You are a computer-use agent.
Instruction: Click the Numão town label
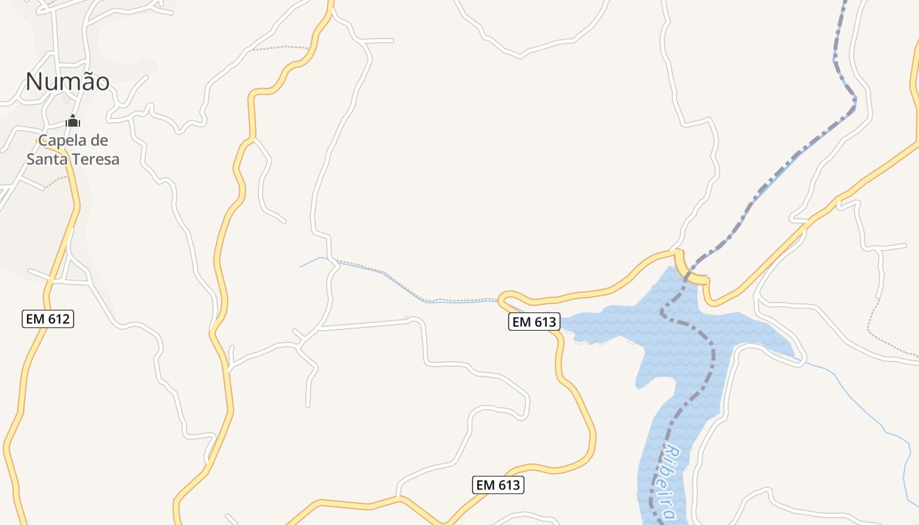68,81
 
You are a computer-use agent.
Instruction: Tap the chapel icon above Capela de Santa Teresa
73,121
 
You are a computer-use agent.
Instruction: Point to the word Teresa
96,159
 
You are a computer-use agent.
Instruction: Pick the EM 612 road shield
47,320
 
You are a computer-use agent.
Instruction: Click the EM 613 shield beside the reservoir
534,322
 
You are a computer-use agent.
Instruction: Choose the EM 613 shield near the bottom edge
498,485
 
